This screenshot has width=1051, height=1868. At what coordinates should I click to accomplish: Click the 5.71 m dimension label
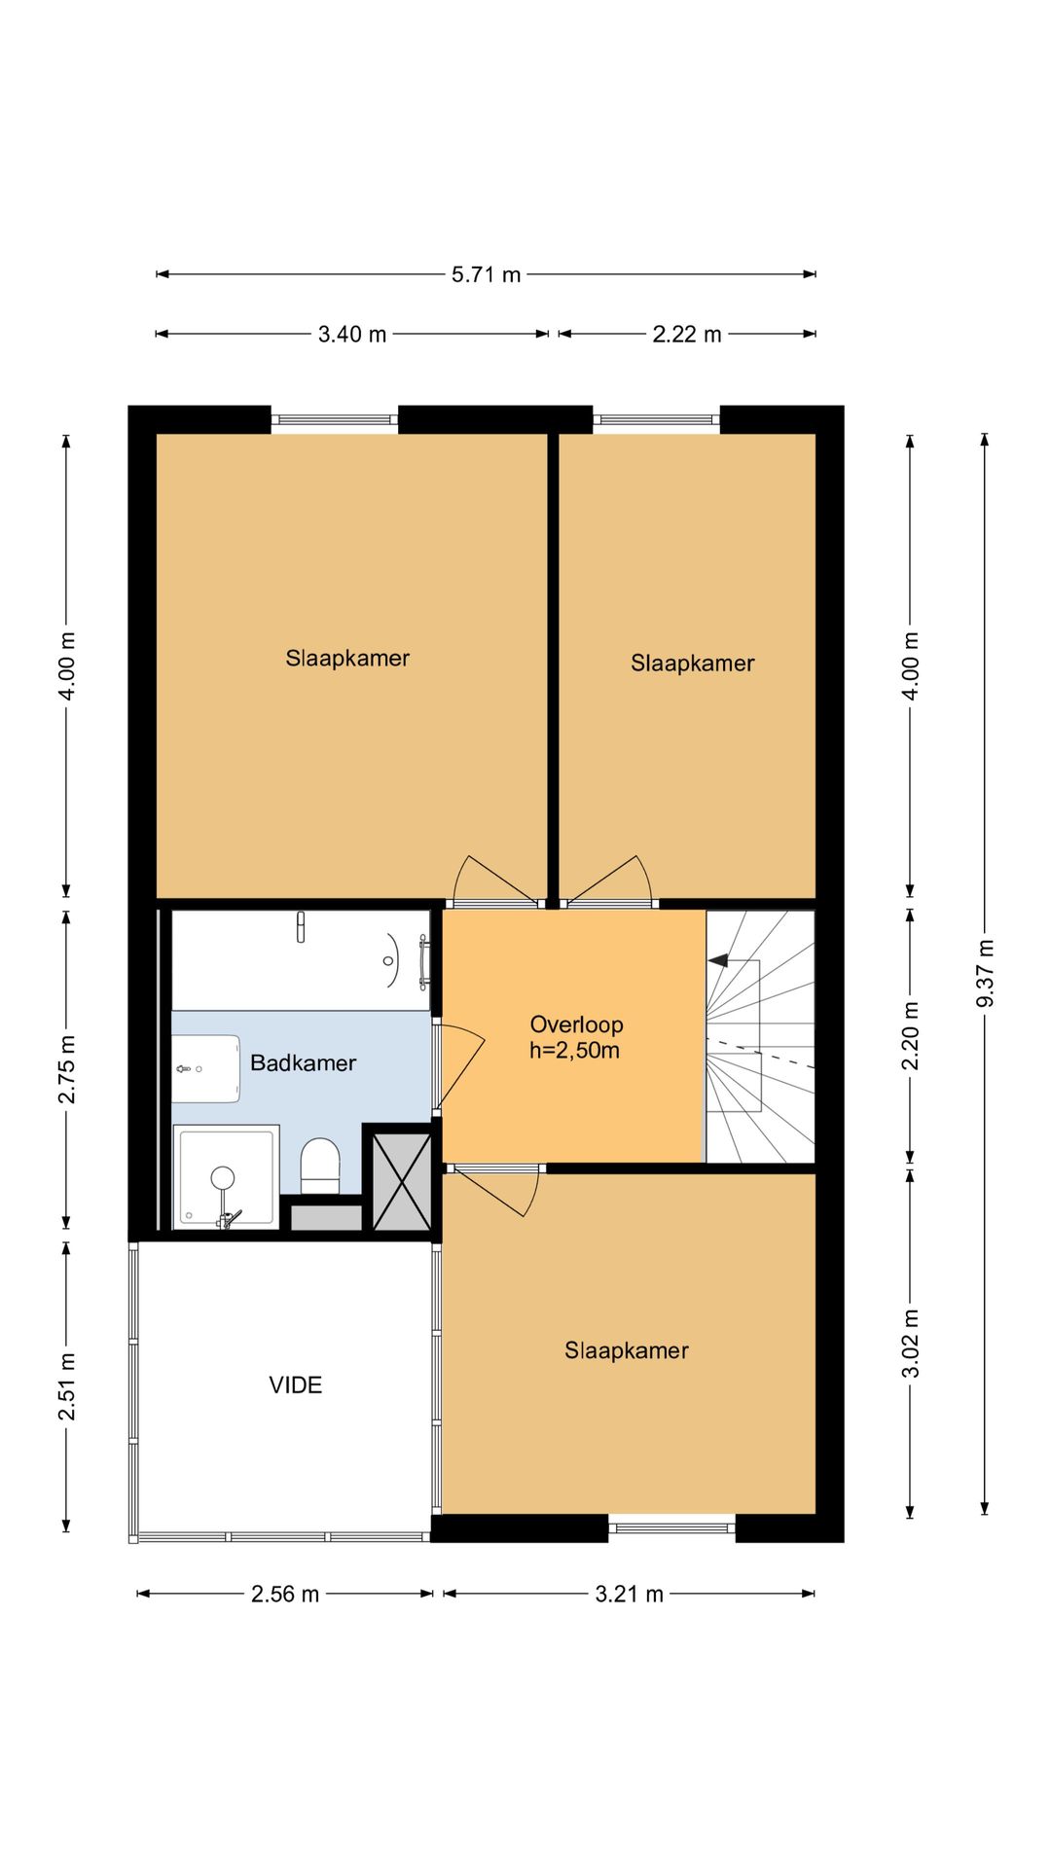point(486,275)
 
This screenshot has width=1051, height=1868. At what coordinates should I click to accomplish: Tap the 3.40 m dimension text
point(352,335)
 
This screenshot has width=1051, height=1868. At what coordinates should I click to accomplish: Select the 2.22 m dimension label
point(687,335)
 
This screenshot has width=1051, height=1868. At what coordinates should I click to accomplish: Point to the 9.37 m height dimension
point(985,973)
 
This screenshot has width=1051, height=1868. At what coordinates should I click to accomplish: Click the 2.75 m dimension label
point(67,1069)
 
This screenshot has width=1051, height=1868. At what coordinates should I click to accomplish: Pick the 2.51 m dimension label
point(67,1385)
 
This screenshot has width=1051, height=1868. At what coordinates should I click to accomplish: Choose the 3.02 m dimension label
point(911,1344)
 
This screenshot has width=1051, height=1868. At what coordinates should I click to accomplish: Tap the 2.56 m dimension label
point(285,1594)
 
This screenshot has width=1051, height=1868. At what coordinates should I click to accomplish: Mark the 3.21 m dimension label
point(629,1594)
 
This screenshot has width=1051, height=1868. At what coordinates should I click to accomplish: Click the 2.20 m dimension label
point(911,1035)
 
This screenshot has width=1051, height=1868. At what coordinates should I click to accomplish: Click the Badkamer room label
point(303,1062)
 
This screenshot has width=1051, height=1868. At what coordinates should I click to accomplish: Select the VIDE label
point(295,1384)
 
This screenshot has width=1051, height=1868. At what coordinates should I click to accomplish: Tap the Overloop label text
point(576,1024)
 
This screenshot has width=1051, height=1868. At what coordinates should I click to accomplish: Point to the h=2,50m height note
point(574,1051)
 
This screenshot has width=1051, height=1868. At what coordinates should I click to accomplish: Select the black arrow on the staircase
point(718,960)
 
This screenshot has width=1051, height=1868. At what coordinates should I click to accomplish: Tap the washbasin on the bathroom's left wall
point(206,1068)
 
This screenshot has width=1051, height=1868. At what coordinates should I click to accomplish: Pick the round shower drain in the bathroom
point(223,1178)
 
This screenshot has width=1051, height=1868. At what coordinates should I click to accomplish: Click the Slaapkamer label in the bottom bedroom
point(627,1350)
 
